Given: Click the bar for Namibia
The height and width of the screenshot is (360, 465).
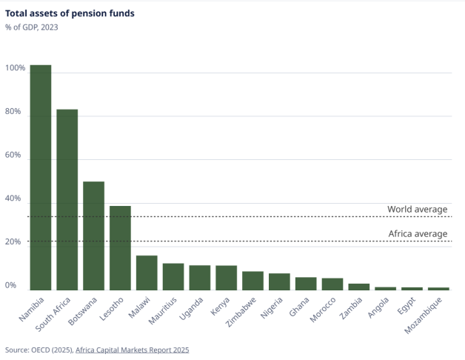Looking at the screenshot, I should pos(41,178).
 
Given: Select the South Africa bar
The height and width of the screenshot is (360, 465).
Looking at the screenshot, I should pos(67,200).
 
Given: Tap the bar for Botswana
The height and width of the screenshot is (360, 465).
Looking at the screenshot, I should pos(93,236).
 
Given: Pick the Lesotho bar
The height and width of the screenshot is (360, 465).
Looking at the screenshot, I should pos(120,248).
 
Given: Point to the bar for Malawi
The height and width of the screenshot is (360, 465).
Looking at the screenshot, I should pos(147,273).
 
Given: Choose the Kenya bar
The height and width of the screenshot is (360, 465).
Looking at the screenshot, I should pos(226,278).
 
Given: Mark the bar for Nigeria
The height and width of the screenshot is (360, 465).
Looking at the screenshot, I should pos(279,281).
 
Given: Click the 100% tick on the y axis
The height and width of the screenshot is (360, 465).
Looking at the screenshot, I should pos(16,69).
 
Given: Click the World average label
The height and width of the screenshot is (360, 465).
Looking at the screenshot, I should pos(418,210).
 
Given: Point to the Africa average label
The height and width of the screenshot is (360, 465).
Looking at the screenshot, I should pos(418,234).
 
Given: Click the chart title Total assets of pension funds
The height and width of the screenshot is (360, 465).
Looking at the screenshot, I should pos(70,13).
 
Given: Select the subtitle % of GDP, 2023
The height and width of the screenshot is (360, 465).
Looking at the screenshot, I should pos(31,27).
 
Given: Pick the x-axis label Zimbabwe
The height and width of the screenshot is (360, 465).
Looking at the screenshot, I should pos(242,313).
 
